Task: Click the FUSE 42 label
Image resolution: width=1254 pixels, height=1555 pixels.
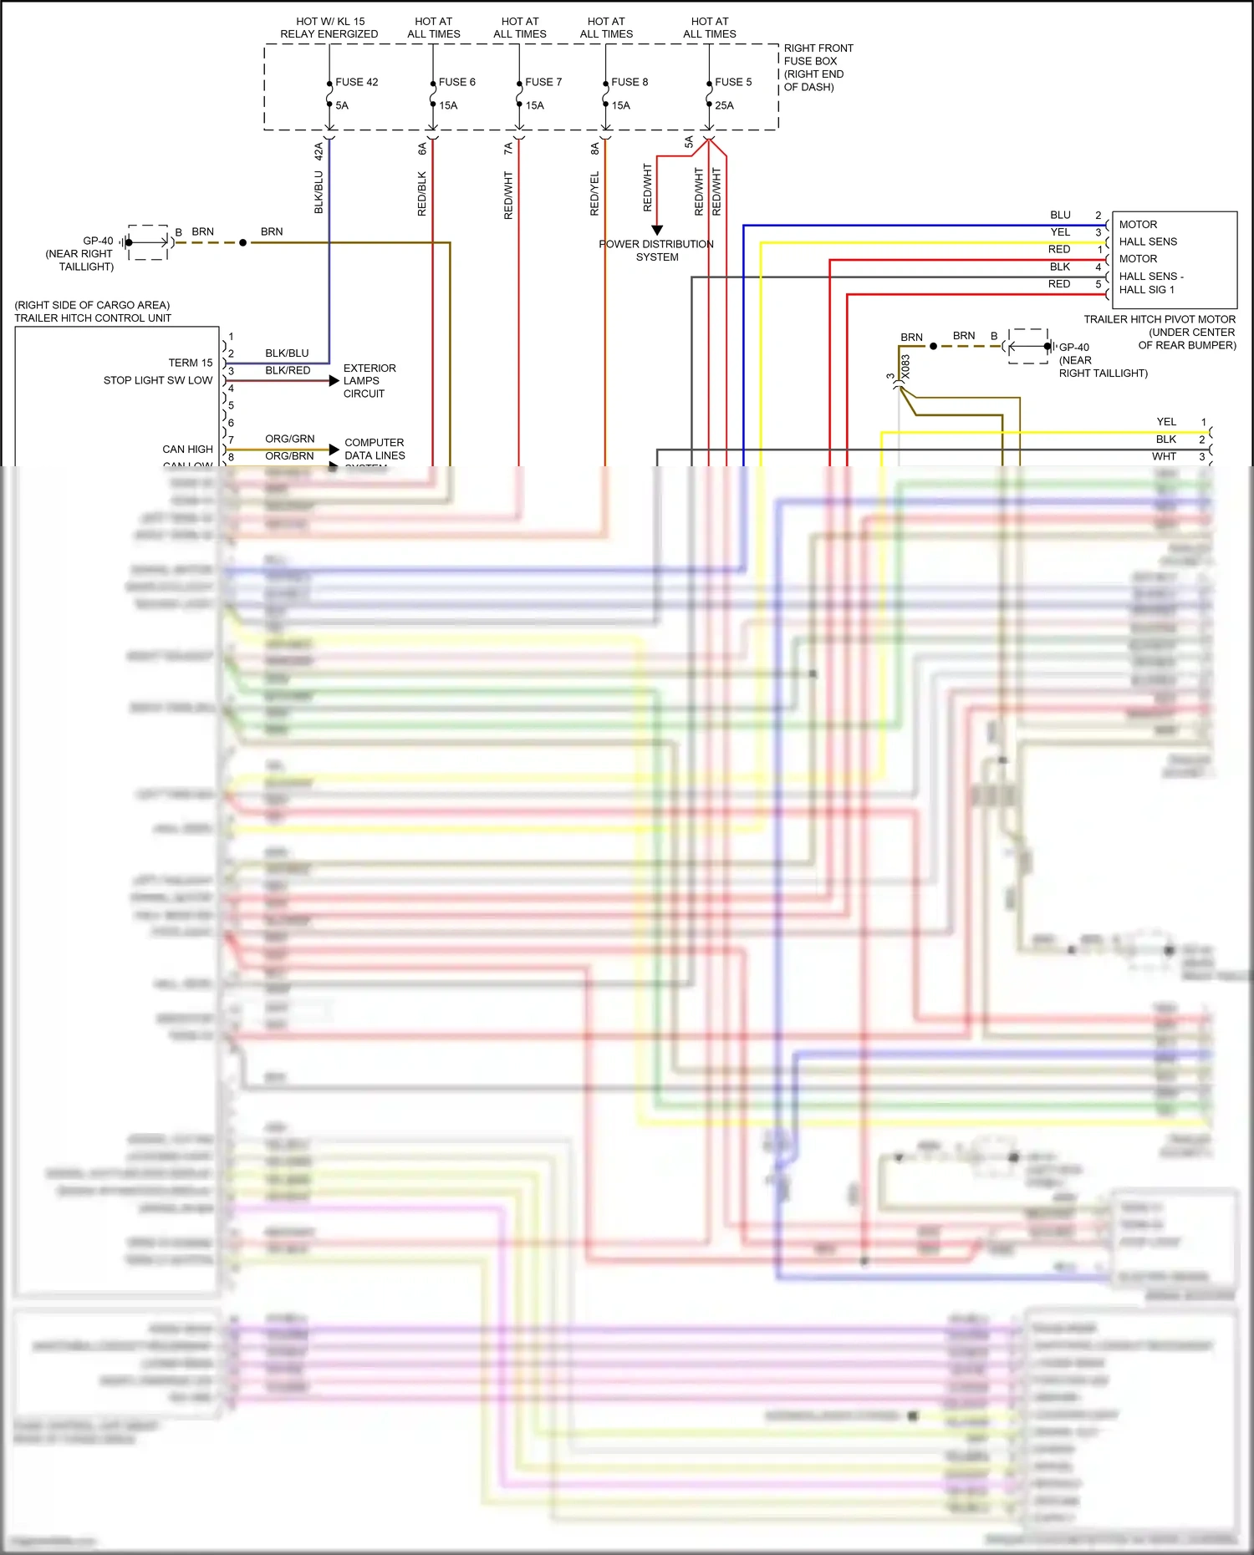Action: click(357, 82)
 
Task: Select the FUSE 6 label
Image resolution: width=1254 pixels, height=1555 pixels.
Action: click(457, 82)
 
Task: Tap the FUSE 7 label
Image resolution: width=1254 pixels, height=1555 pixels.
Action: click(543, 82)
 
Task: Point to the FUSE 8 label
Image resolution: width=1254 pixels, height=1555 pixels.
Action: click(630, 82)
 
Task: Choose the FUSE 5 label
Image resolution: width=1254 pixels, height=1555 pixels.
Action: click(733, 82)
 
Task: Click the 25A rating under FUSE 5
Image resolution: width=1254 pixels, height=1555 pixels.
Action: click(724, 105)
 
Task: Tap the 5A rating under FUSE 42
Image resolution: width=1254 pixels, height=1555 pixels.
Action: click(342, 105)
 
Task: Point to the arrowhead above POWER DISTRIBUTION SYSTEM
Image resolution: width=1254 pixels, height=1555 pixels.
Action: click(657, 230)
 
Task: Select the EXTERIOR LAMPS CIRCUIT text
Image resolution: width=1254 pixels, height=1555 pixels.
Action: click(369, 380)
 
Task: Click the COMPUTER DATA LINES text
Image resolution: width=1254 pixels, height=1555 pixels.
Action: click(375, 449)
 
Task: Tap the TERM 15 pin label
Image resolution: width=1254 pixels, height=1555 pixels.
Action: click(191, 363)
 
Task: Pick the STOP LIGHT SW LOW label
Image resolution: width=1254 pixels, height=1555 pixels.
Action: click(158, 380)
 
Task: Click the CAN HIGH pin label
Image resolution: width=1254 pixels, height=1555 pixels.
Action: click(188, 449)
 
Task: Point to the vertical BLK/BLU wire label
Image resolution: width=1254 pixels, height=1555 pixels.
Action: click(319, 192)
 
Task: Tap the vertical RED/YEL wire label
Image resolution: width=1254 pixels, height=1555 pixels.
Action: click(594, 194)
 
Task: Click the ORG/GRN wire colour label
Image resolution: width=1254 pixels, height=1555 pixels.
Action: click(290, 439)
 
